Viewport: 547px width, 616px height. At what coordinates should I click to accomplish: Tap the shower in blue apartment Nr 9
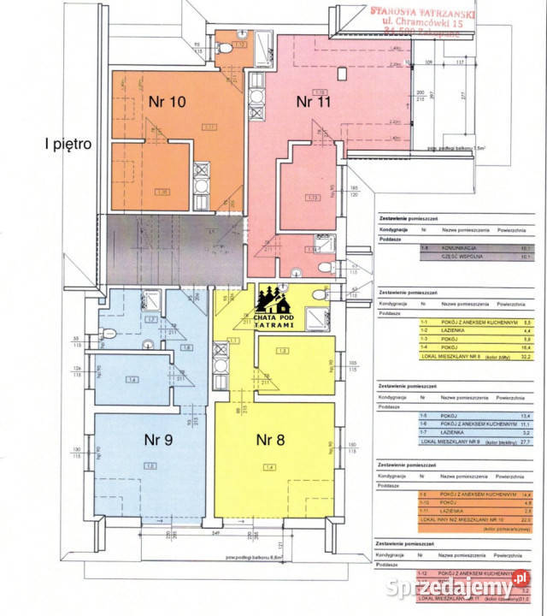coord(151,299)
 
